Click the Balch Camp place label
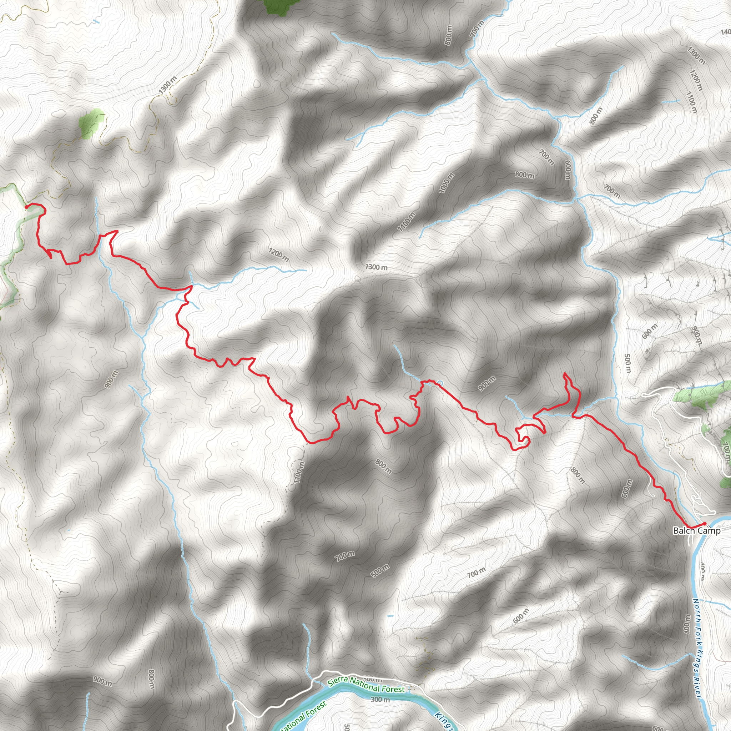(x=697, y=531)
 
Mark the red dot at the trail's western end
(x=26, y=207)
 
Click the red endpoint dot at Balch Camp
(x=704, y=524)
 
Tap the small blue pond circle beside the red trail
(x=440, y=383)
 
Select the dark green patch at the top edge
(x=280, y=6)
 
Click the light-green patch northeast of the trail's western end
(x=91, y=123)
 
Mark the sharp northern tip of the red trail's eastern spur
(x=565, y=373)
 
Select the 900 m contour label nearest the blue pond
(x=487, y=384)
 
